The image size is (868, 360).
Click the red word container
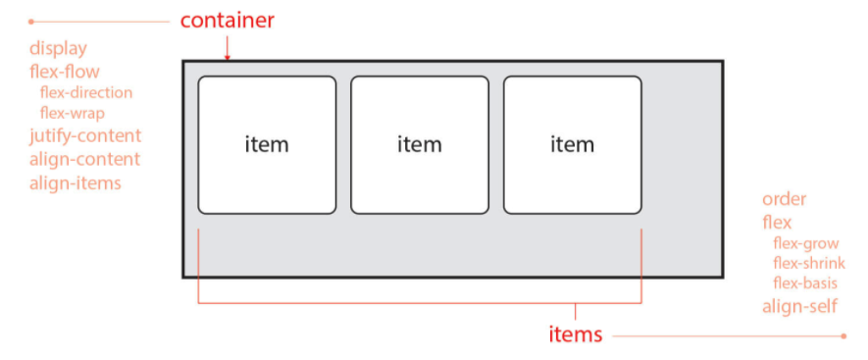(x=227, y=21)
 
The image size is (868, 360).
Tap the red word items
(x=575, y=334)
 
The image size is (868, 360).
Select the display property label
(x=58, y=48)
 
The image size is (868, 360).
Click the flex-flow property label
(x=64, y=72)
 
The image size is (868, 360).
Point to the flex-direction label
(x=86, y=92)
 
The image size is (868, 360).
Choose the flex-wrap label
(x=73, y=113)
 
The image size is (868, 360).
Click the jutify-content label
(x=85, y=135)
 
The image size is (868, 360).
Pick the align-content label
(x=84, y=160)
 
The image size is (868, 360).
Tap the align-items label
(x=76, y=182)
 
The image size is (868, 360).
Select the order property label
(x=785, y=199)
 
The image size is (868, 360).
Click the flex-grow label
(x=806, y=243)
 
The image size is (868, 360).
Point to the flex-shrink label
(x=809, y=263)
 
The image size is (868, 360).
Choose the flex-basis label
(x=805, y=283)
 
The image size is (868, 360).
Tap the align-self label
(x=799, y=306)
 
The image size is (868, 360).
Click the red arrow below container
(x=227, y=48)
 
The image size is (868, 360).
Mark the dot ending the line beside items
(x=843, y=335)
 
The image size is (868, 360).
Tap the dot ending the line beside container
(x=31, y=22)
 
